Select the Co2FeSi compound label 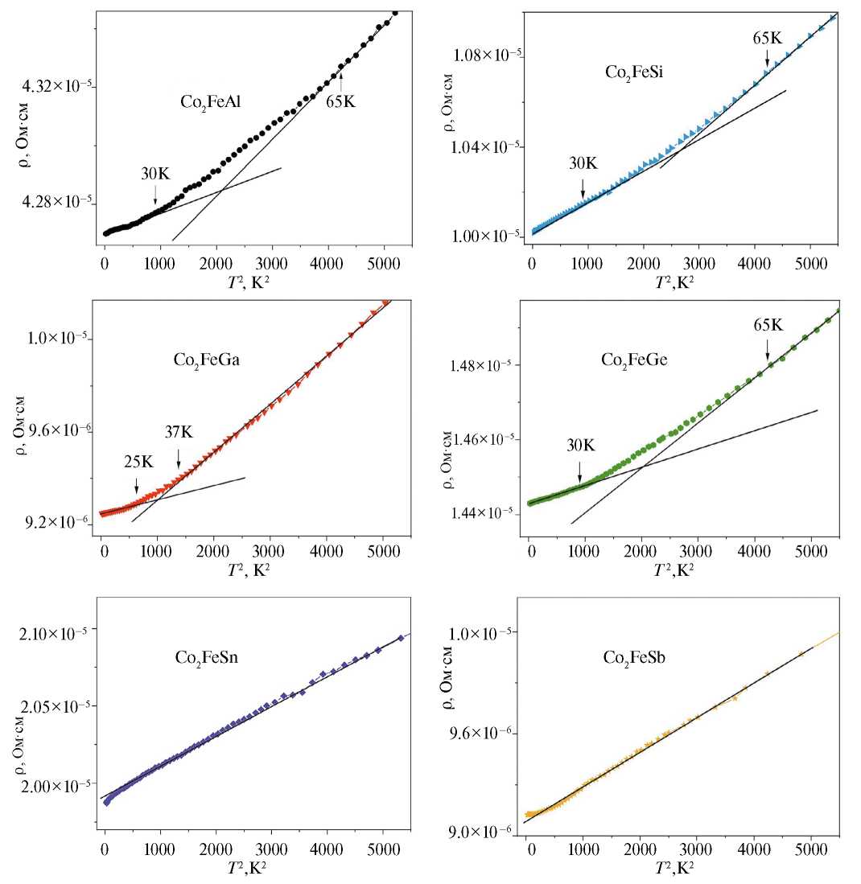[x=632, y=72]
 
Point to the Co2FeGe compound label [x=634, y=360]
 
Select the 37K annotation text [x=179, y=432]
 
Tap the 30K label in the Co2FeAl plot [x=155, y=171]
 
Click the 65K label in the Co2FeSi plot [x=767, y=37]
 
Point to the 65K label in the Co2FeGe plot [x=767, y=325]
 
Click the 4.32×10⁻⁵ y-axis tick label [x=52, y=85]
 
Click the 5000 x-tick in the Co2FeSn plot [x=382, y=854]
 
